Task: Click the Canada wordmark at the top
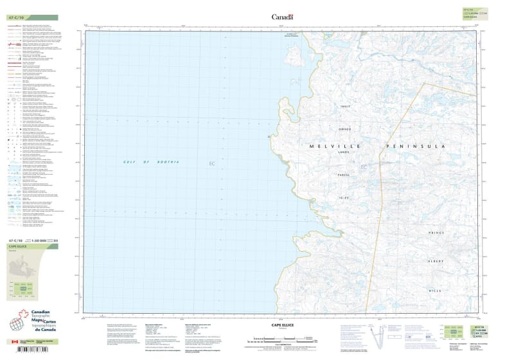click(282, 17)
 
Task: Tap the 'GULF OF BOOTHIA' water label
click(151, 161)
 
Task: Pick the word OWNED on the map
click(346, 127)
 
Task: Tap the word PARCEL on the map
click(346, 175)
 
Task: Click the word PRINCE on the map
click(436, 232)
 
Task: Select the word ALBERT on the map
click(436, 261)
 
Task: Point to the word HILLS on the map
click(437, 291)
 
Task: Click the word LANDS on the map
click(346, 152)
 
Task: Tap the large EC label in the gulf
click(211, 165)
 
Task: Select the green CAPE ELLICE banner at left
click(31, 247)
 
